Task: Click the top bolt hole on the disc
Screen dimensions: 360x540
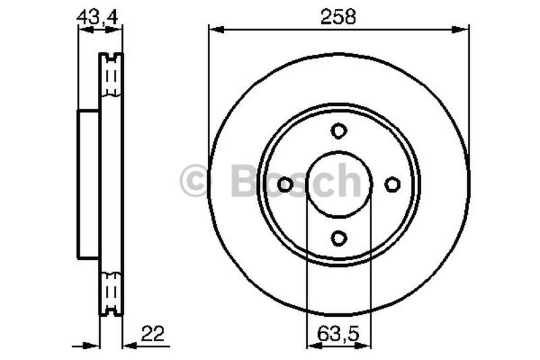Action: coord(339,130)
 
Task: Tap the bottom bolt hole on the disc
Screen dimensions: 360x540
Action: coord(339,237)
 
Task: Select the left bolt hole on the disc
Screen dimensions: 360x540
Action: coord(286,184)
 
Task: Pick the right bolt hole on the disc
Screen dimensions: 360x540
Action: coord(392,184)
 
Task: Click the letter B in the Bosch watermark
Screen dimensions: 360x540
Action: coord(244,180)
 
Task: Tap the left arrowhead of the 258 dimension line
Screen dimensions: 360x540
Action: coord(214,28)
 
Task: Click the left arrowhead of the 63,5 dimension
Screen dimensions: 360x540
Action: coord(311,345)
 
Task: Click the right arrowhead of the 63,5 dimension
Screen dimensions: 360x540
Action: coord(366,345)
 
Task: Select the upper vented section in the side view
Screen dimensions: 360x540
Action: coord(111,75)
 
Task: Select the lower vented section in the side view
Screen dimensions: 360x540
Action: coord(111,292)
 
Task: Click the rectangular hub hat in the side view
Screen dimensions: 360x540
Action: coord(89,184)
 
